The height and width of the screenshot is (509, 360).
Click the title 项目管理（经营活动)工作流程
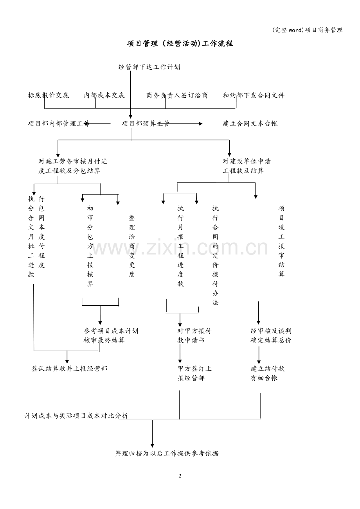click(x=180, y=43)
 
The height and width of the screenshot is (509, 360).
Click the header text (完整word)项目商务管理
click(x=307, y=30)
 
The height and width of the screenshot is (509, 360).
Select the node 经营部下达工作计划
click(x=149, y=67)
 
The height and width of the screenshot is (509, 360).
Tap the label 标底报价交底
click(x=49, y=95)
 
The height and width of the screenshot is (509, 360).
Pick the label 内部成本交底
click(x=104, y=95)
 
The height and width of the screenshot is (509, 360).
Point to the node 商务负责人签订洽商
click(x=177, y=95)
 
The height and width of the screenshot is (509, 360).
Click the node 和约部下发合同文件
click(x=253, y=95)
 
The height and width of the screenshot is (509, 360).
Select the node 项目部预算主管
click(x=146, y=124)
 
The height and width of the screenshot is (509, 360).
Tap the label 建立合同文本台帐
click(x=250, y=124)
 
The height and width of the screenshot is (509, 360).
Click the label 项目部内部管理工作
click(x=59, y=124)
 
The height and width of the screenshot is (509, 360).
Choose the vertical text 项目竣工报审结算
click(x=281, y=241)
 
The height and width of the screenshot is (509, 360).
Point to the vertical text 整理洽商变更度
click(x=132, y=246)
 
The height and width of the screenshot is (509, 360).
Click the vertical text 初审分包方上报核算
click(x=90, y=246)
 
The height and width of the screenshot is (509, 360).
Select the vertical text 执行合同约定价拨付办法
click(x=215, y=255)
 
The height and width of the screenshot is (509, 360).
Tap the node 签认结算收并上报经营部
click(x=69, y=369)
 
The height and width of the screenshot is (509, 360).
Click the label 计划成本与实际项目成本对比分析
click(x=76, y=416)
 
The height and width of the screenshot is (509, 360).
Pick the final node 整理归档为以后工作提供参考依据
click(x=167, y=453)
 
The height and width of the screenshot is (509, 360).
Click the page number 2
click(x=180, y=476)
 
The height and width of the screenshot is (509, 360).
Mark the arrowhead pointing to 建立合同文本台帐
click(x=201, y=124)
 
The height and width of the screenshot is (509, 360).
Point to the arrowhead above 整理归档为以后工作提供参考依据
click(x=152, y=446)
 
